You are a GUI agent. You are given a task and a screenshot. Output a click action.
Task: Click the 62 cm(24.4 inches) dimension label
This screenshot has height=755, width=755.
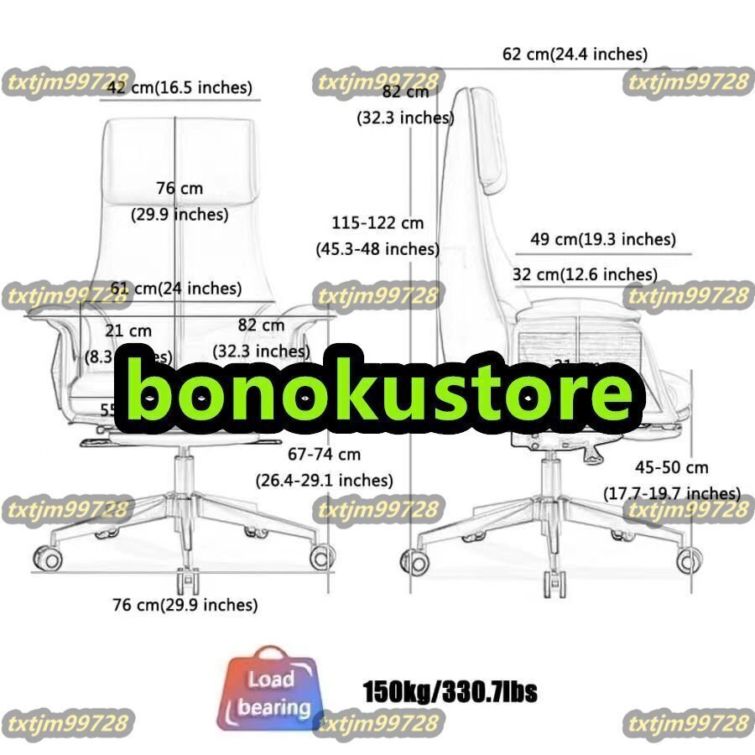click(575, 55)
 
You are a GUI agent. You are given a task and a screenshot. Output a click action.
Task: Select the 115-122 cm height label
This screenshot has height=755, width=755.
click(377, 223)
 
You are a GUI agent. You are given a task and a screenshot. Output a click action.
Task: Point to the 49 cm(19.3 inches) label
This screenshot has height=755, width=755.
click(602, 239)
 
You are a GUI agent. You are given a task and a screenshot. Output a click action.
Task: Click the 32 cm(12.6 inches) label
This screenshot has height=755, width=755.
click(585, 274)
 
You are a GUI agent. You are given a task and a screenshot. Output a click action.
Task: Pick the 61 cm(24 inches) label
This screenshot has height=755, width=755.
click(176, 289)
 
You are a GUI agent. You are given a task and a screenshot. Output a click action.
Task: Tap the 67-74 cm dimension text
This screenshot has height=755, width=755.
click(324, 455)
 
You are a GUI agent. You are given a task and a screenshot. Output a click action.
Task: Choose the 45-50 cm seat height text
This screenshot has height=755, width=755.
click(671, 467)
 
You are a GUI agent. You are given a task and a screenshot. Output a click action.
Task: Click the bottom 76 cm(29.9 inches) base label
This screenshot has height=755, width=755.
click(185, 604)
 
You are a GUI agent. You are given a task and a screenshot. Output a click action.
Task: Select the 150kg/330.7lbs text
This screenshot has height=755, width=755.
click(450, 693)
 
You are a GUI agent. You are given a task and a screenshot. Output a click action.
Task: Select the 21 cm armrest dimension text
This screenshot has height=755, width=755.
click(129, 331)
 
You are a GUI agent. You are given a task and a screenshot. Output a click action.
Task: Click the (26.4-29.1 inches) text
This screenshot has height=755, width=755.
click(324, 481)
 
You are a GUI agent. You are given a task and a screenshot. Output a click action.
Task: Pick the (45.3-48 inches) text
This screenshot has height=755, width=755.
click(377, 249)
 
